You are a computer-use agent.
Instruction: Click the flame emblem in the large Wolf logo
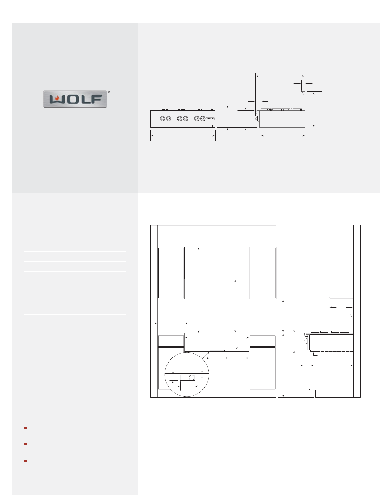(x=57, y=99)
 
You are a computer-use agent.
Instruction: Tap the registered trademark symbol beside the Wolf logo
(x=109, y=92)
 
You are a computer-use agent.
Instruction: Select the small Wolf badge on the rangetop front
(x=210, y=118)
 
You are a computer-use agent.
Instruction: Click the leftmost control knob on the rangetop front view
(x=162, y=118)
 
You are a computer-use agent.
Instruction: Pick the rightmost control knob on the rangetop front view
(x=203, y=118)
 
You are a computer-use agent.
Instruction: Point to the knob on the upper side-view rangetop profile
(x=257, y=118)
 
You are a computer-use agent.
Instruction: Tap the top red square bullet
(x=26, y=428)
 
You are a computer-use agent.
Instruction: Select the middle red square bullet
(x=26, y=444)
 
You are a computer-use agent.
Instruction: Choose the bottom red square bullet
(x=26, y=461)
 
